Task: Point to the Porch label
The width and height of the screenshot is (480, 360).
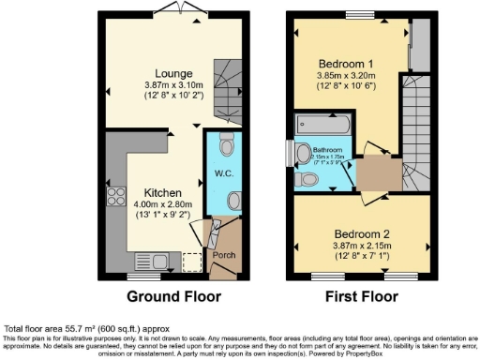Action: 224,253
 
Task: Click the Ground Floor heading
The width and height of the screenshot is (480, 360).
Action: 173,297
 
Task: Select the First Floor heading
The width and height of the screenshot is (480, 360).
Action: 355,297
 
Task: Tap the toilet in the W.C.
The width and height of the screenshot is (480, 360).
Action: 226,144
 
